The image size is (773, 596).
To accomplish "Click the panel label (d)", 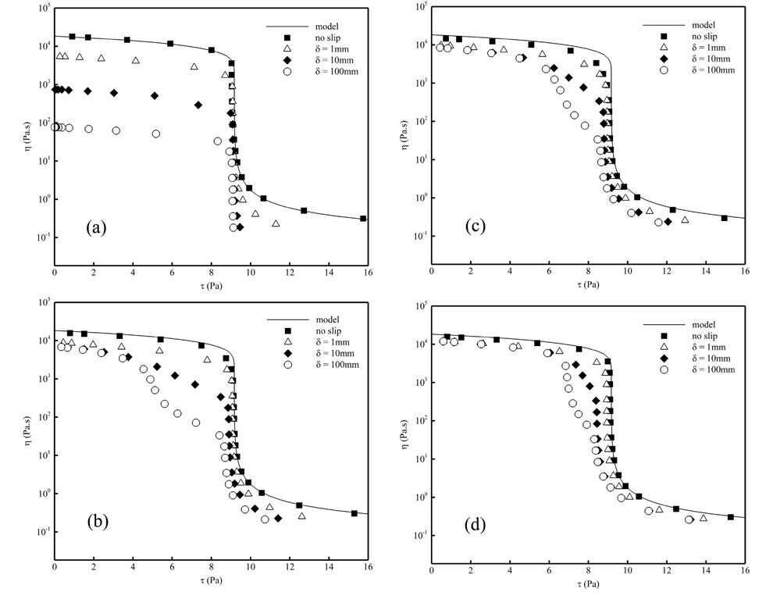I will coord(476,525).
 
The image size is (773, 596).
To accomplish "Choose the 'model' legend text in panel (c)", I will coord(704,26).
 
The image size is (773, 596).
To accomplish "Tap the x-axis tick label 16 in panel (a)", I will coord(367,273).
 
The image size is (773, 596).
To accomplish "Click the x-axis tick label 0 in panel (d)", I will coord(432,570).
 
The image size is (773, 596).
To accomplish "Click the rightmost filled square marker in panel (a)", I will coord(363,219).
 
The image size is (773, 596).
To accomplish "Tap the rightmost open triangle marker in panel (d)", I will coord(703,518).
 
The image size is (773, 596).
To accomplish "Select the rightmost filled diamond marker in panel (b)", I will coord(278,518).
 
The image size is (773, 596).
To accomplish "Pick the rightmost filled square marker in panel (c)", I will coord(725,218).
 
